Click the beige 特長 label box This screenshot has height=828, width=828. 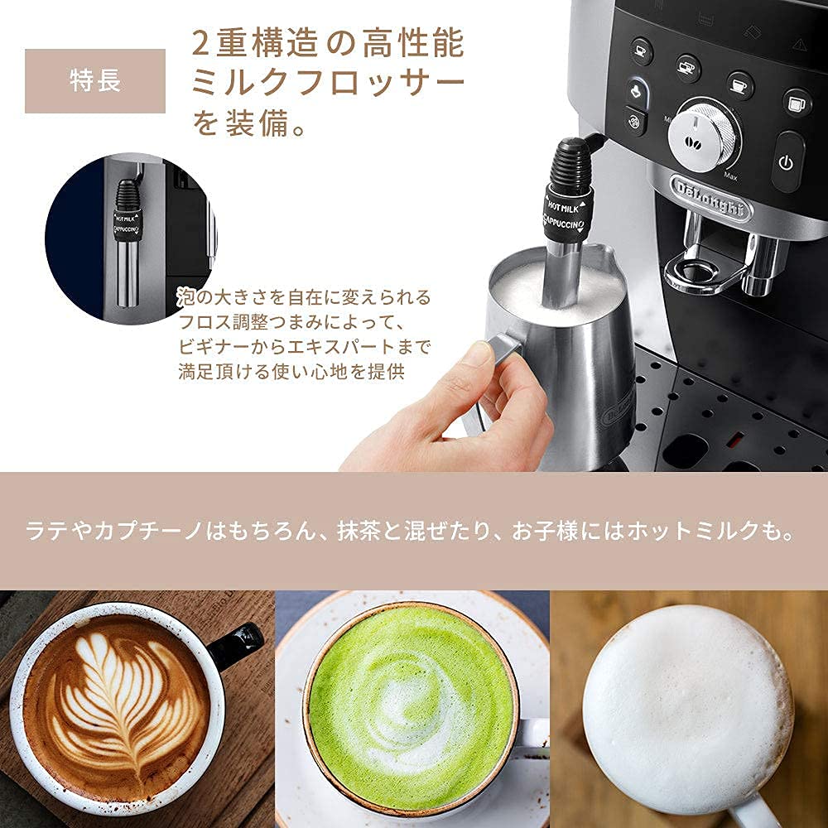point(95,81)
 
